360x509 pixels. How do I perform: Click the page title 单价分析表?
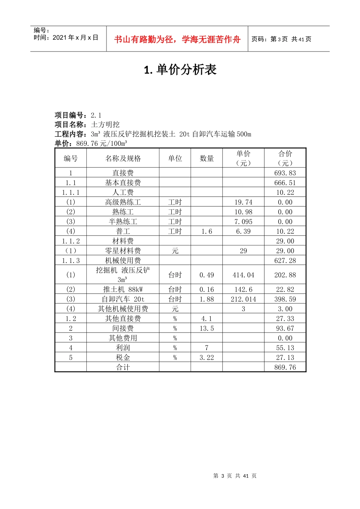click(x=180, y=70)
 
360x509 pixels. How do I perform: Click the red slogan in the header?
click(x=177, y=39)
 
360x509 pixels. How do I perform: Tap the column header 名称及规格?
click(x=123, y=158)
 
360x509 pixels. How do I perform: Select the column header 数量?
click(x=207, y=158)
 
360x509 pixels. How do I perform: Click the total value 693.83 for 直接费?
click(x=285, y=173)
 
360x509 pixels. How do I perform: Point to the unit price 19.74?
click(x=243, y=202)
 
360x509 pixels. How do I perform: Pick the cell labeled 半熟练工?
click(x=123, y=222)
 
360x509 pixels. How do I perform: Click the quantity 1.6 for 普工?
click(x=207, y=231)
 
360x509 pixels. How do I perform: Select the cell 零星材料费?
click(x=123, y=251)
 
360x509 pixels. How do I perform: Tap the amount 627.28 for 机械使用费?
click(x=285, y=261)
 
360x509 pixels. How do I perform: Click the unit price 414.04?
click(x=243, y=275)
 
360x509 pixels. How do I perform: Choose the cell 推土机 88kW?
click(x=123, y=289)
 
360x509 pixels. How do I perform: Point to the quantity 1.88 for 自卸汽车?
click(x=207, y=299)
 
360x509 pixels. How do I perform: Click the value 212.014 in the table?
click(x=243, y=299)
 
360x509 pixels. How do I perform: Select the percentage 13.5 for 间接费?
click(x=207, y=328)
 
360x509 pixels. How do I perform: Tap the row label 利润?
click(x=123, y=348)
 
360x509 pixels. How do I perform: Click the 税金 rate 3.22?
click(x=207, y=358)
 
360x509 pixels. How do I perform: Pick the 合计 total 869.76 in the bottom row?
click(x=285, y=367)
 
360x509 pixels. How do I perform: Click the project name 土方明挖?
click(x=105, y=125)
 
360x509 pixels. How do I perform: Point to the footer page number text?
click(x=235, y=476)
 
